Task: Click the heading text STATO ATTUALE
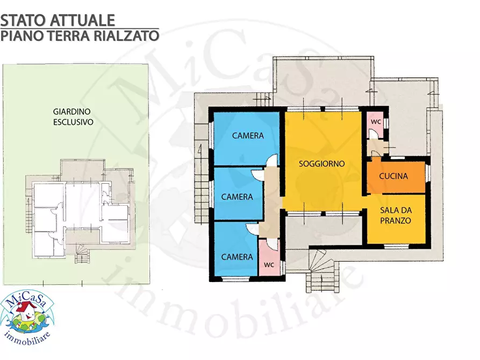58,20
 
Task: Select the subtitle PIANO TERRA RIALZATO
80,36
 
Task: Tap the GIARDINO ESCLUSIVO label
73,117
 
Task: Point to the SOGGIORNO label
321,164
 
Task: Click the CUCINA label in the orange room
393,176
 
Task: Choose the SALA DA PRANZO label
396,215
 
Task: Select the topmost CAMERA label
248,136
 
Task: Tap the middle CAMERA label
237,197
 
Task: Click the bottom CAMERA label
237,257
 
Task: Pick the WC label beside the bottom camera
269,265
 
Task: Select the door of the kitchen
375,155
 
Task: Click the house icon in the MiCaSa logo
23,310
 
